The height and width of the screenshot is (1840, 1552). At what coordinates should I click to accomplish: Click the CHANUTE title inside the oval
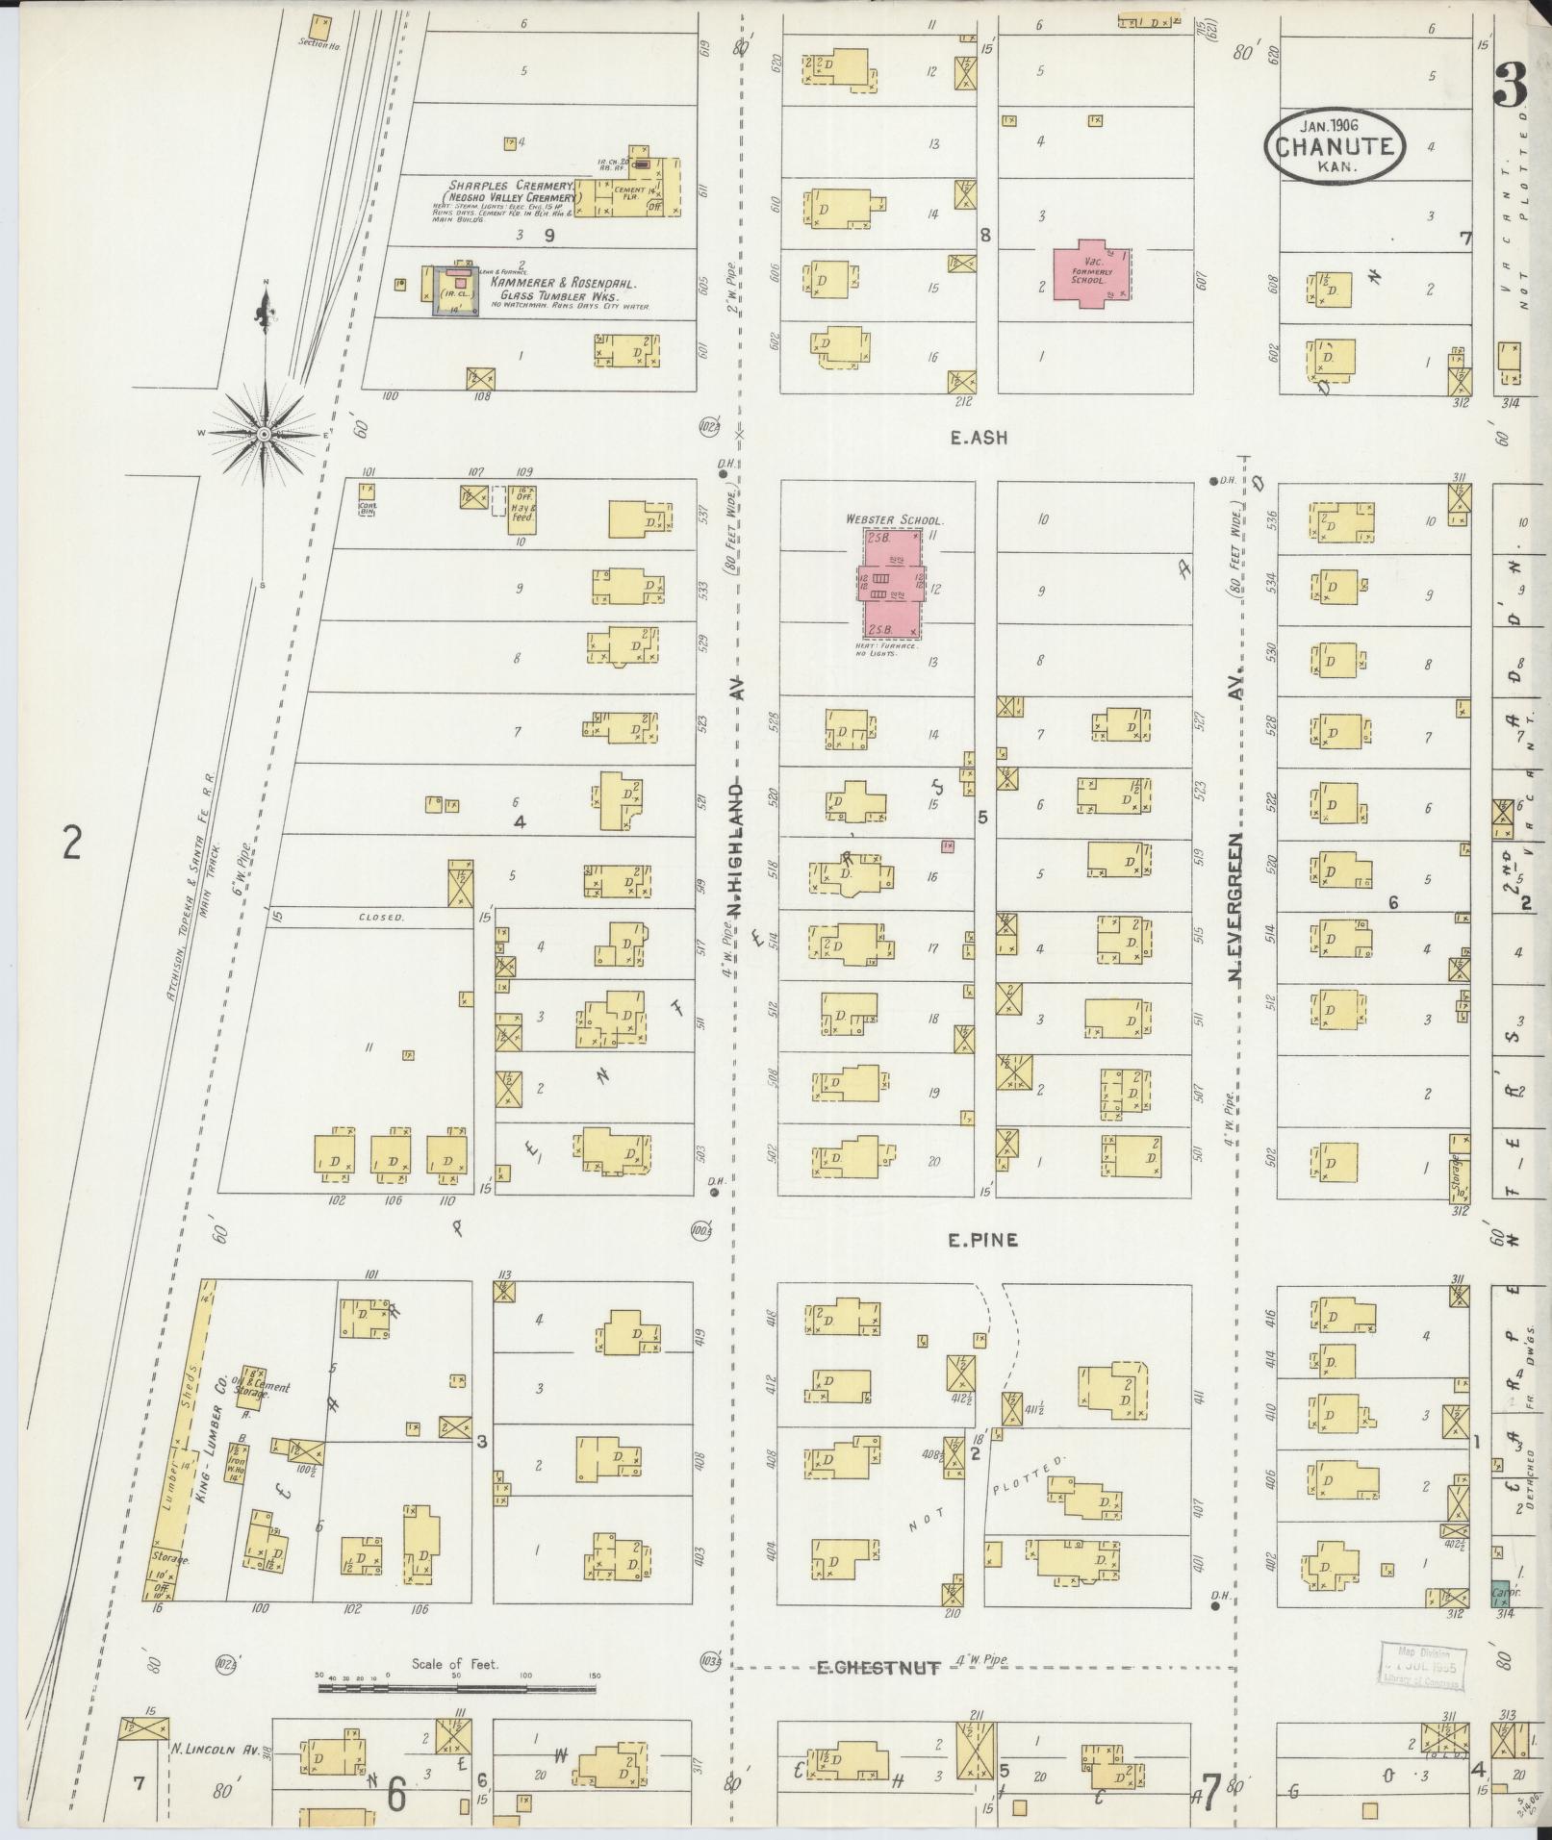click(x=1333, y=147)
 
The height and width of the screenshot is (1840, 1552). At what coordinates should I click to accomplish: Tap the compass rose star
click(x=264, y=435)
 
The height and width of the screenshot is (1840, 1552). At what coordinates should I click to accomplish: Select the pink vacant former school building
click(x=1089, y=273)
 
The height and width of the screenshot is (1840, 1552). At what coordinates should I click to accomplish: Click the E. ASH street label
click(x=978, y=439)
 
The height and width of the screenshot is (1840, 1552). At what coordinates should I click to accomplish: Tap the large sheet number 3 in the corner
click(x=1513, y=84)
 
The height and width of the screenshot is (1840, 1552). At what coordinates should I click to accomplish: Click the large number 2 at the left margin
click(x=71, y=843)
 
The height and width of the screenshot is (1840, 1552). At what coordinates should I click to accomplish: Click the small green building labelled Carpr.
click(x=1499, y=1593)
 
